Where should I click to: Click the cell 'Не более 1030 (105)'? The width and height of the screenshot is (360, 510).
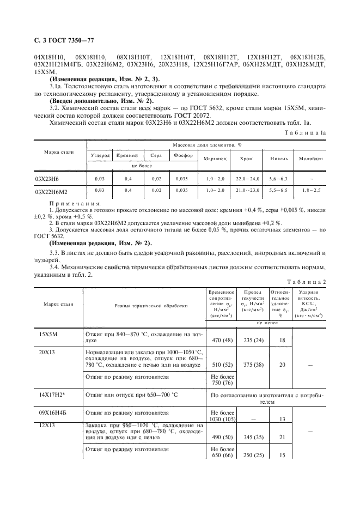pyautogui.click(x=221, y=416)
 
